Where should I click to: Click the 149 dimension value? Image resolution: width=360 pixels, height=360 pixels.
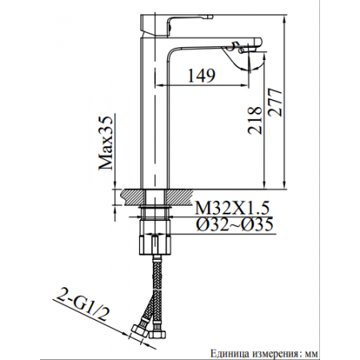202,75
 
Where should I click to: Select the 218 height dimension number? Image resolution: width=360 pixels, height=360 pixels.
255,120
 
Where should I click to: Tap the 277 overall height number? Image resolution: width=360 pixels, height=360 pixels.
275,102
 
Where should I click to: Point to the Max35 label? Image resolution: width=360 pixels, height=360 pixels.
106,143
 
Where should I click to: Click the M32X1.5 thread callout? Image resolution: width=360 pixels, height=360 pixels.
232,208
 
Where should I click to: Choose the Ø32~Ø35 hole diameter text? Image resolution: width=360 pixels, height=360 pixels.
234,224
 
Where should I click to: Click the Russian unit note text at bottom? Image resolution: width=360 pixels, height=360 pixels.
264,354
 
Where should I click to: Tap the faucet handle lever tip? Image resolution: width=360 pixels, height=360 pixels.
210,17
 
